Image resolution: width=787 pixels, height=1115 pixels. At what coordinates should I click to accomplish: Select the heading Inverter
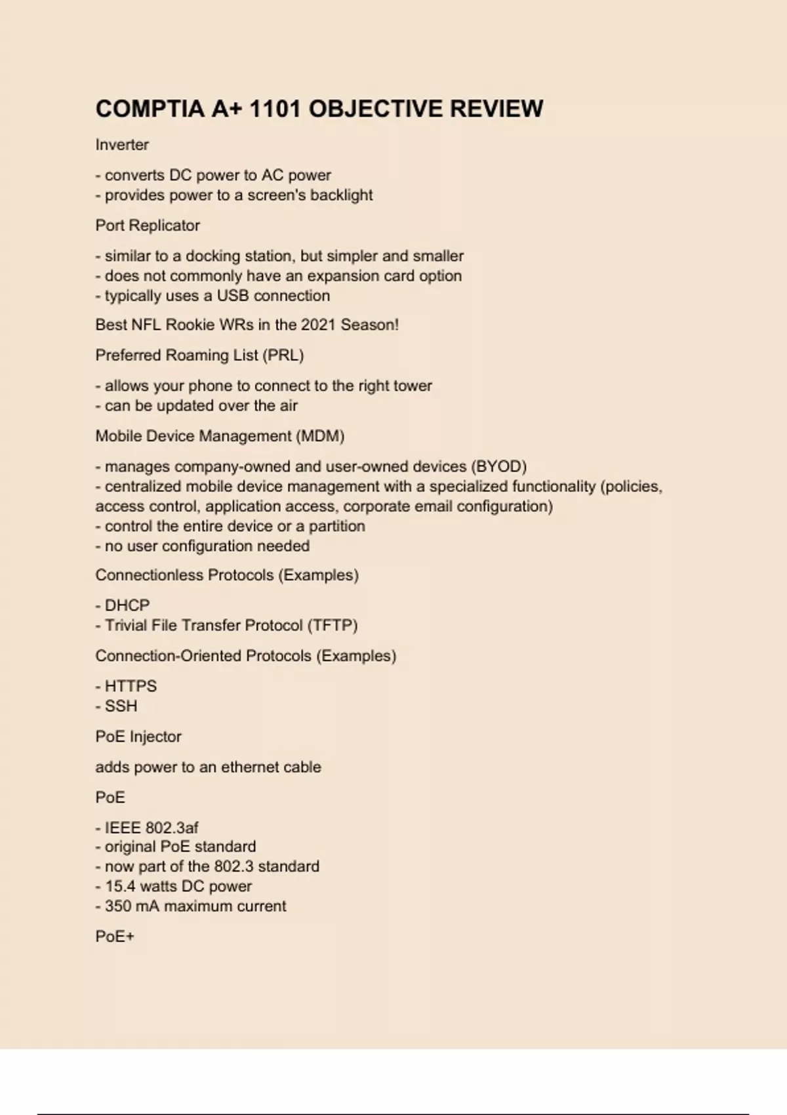pos(122,145)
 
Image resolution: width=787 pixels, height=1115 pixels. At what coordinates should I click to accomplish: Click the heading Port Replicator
pos(148,226)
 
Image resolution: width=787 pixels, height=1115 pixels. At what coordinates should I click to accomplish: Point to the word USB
pos(232,296)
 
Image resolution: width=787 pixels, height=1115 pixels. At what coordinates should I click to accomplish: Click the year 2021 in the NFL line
pos(318,325)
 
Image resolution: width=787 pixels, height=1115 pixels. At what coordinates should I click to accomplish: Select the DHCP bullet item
pos(127,605)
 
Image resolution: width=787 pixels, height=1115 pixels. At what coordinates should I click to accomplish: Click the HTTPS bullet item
pos(131,687)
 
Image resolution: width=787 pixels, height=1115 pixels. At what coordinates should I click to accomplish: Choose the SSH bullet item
pos(121,706)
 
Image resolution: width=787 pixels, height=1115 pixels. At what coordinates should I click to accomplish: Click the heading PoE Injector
pos(138,737)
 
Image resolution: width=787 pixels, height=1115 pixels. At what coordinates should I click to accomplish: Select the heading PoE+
pos(115,937)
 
